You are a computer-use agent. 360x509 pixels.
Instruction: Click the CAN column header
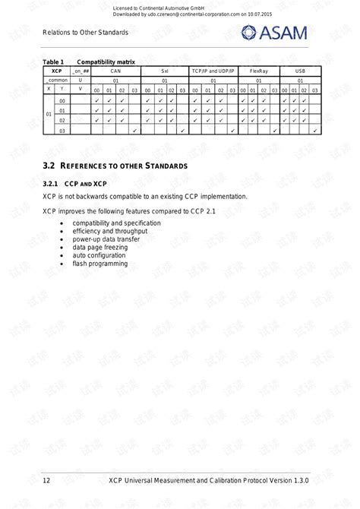click(x=115, y=70)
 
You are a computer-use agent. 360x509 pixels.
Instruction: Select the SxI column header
click(x=165, y=70)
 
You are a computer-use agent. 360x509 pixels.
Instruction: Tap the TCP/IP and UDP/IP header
click(x=213, y=70)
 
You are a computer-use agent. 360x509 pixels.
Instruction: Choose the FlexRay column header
click(x=258, y=70)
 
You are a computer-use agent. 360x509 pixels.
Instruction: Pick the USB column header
click(x=300, y=70)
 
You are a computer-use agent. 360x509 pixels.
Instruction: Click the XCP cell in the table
click(x=55, y=70)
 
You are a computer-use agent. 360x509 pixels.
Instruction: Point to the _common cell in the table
click(x=55, y=79)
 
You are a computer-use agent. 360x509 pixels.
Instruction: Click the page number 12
click(x=46, y=481)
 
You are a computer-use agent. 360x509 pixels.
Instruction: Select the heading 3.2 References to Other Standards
click(x=115, y=166)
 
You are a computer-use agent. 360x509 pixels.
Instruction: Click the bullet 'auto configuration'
click(x=99, y=255)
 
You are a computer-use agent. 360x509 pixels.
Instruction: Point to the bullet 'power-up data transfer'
click(x=106, y=239)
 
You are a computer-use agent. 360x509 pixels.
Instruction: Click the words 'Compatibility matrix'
click(x=106, y=61)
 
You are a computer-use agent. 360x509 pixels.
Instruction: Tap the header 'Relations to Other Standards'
click(x=85, y=33)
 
